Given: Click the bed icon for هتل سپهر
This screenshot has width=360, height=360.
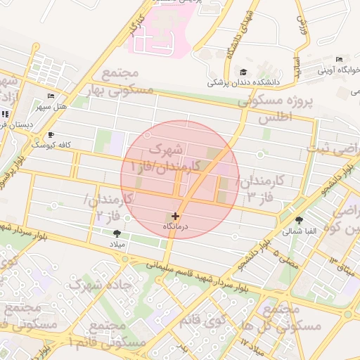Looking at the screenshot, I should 50,96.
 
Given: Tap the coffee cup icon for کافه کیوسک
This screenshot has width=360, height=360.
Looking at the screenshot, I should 50,134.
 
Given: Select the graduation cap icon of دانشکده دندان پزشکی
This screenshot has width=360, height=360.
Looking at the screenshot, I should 243,72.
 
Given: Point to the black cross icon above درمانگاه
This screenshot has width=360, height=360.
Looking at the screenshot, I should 175,216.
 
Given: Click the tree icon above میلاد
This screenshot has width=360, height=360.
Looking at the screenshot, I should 116,233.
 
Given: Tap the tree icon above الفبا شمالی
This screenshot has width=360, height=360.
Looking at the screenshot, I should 300,219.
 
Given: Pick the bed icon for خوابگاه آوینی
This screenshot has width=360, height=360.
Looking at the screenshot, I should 340,59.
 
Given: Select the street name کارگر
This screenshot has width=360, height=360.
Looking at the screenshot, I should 138,26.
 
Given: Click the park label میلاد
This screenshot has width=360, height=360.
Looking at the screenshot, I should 116,243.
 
